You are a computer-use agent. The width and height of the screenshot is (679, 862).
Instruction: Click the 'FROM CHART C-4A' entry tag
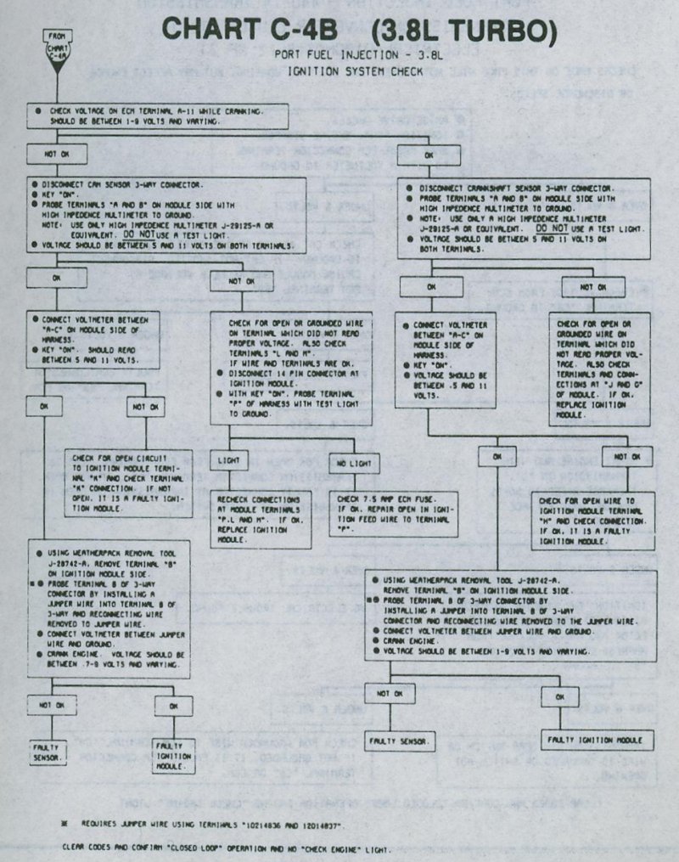pyautogui.click(x=57, y=48)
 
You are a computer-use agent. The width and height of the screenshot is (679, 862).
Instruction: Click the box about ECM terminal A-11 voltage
pyautogui.click(x=160, y=116)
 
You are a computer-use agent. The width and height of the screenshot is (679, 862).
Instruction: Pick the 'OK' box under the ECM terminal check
pyautogui.click(x=429, y=155)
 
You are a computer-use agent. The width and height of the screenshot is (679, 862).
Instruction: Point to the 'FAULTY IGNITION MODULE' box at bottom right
pyautogui.click(x=598, y=741)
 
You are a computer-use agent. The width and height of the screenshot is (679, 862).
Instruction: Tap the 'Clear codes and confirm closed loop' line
pyautogui.click(x=227, y=848)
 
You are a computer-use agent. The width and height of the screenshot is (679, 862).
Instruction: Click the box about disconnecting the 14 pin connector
pyautogui.click(x=297, y=369)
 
